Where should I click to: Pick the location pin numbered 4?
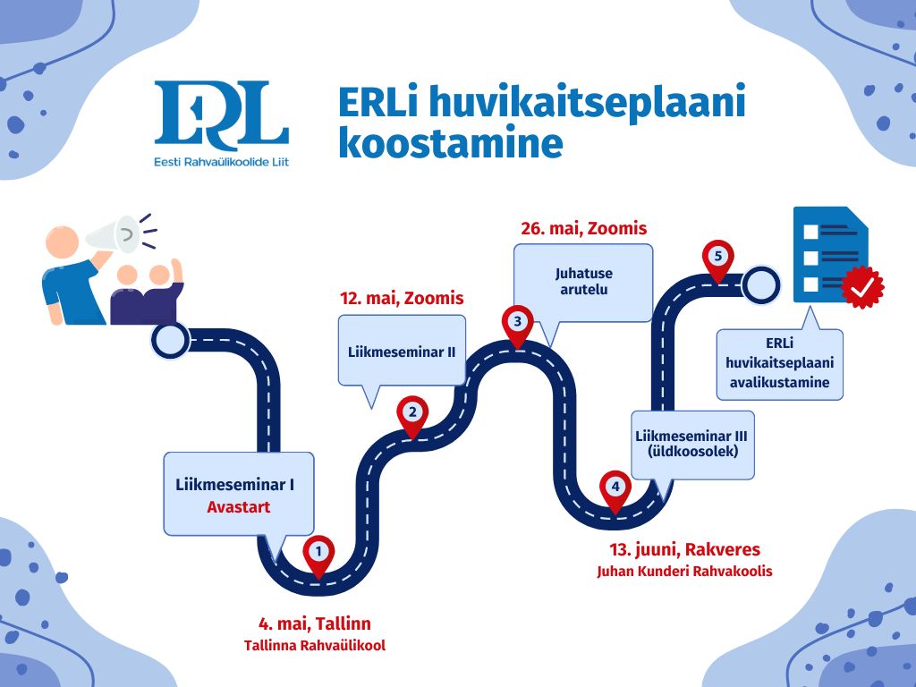tap(615, 489)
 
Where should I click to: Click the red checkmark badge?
tap(862, 286)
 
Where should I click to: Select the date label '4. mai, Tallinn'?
tap(315, 623)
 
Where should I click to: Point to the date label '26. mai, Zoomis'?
tap(583, 228)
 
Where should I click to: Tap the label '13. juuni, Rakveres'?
tap(684, 549)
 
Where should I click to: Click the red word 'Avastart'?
tap(239, 507)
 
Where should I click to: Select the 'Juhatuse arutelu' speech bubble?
tap(583, 282)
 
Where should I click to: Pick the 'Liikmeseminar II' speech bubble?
tap(402, 352)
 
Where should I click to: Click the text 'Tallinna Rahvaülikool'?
tap(315, 645)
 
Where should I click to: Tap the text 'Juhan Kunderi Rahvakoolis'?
tap(684, 571)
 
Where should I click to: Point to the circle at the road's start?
tap(170, 340)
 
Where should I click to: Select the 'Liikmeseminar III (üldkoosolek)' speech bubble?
tap(691, 444)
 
